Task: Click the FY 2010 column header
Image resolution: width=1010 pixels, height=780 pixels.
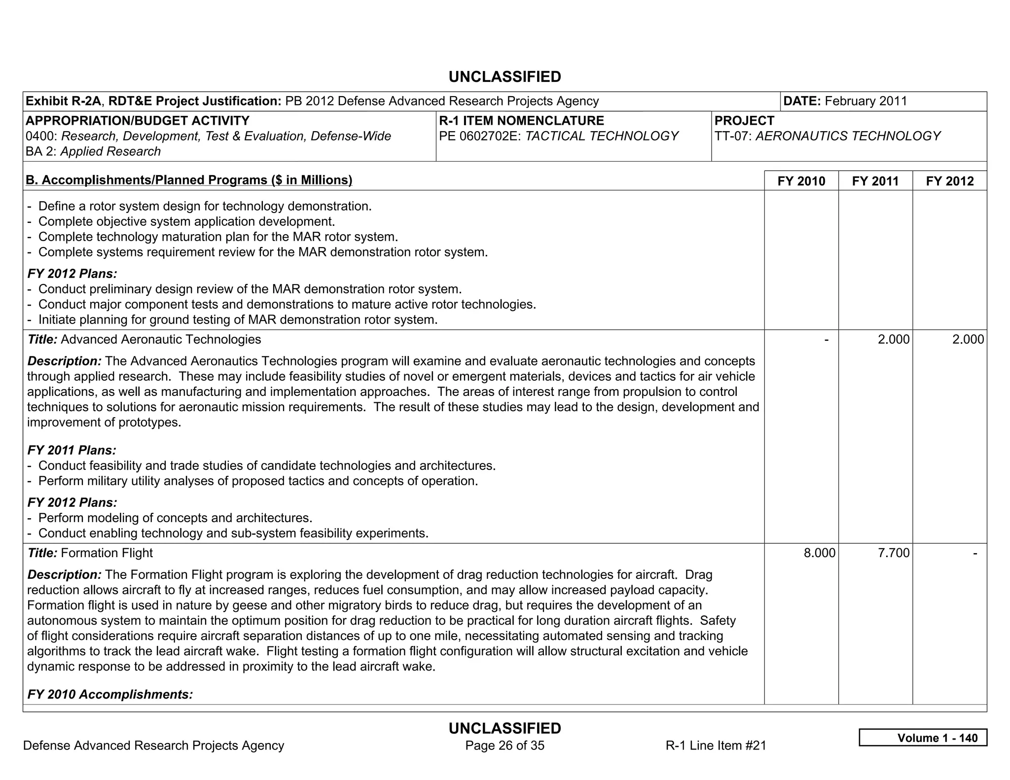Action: (x=801, y=181)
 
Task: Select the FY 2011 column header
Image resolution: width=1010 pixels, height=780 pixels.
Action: (x=875, y=181)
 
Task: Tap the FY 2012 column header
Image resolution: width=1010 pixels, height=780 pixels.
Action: (x=950, y=181)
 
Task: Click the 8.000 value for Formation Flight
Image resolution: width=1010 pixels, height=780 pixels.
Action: (x=820, y=553)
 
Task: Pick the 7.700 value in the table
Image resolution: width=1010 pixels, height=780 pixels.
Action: (x=894, y=553)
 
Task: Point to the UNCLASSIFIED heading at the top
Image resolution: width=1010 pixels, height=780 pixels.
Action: (x=505, y=77)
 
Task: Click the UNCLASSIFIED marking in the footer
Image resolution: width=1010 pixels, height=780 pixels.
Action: (x=505, y=728)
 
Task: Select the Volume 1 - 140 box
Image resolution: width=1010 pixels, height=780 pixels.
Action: (x=923, y=738)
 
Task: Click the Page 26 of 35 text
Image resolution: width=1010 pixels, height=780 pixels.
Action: (x=505, y=745)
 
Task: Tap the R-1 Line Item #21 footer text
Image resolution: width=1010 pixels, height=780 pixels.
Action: (x=716, y=745)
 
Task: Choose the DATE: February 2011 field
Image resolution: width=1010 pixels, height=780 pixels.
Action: (x=845, y=101)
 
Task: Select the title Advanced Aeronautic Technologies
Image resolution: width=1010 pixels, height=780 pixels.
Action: (x=161, y=339)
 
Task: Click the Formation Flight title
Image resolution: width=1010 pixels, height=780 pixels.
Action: (x=107, y=553)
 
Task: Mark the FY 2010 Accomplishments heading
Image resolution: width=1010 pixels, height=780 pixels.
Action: (x=110, y=694)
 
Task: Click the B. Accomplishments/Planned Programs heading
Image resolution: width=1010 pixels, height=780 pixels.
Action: (x=189, y=180)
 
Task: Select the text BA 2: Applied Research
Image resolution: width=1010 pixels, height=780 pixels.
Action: (x=93, y=151)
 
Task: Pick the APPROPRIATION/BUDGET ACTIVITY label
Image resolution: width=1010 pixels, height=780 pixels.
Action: (x=138, y=120)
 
